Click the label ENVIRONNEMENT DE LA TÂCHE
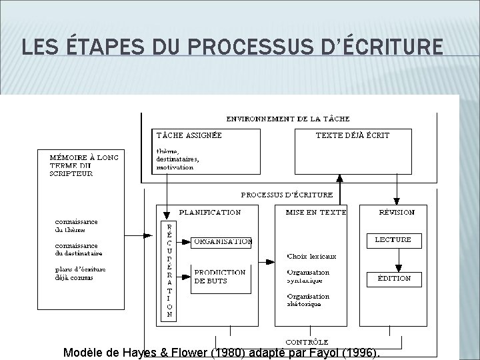287,119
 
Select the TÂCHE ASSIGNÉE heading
189,135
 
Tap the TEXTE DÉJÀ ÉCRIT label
352,135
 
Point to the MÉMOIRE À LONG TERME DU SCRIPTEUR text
84,165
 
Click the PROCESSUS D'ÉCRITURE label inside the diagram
287,195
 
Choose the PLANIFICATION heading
209,213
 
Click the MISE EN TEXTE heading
315,213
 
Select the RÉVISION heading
397,213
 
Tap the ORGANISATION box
222,242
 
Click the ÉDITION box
394,278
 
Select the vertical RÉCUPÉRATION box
169,269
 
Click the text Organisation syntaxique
309,276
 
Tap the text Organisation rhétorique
309,300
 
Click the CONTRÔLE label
306,342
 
